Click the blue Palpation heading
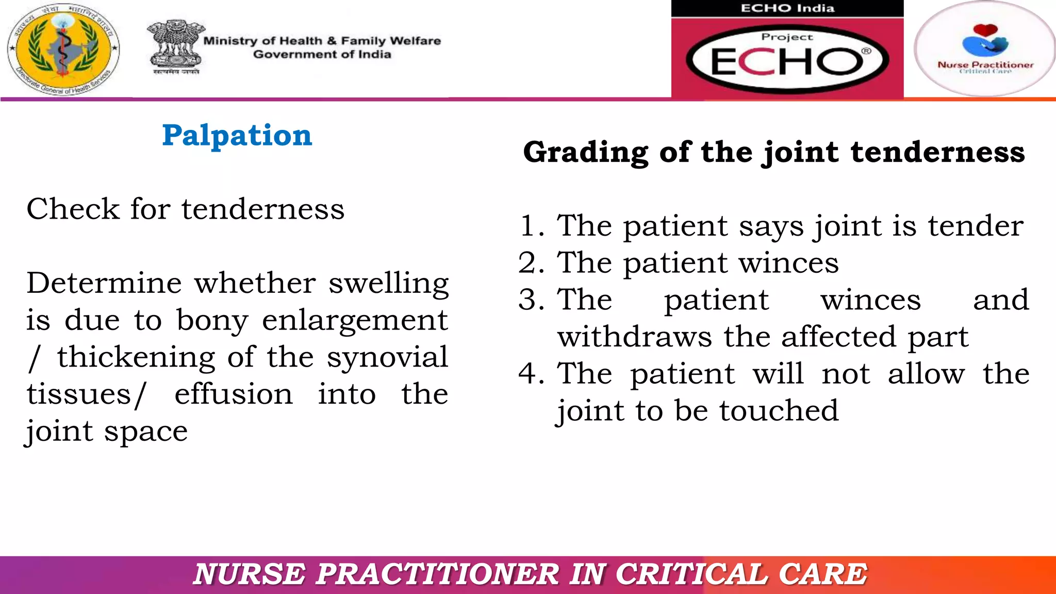click(x=237, y=136)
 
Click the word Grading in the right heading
click(x=585, y=153)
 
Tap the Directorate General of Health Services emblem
click(x=63, y=49)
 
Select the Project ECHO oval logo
click(x=787, y=59)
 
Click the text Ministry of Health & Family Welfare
click(x=322, y=41)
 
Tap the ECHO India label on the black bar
click(x=787, y=8)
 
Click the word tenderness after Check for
click(x=263, y=209)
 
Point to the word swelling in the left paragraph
click(x=389, y=284)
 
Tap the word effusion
click(x=234, y=394)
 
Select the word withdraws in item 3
click(x=635, y=337)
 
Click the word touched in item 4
click(x=779, y=411)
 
